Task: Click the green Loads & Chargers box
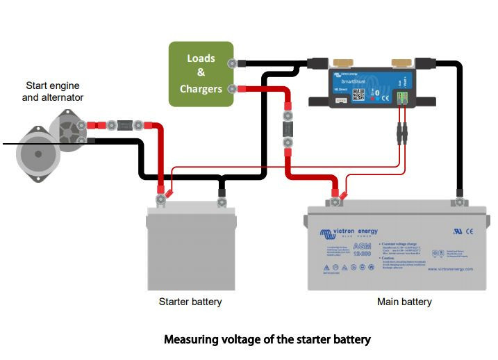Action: [201, 74]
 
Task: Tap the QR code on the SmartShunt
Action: [358, 93]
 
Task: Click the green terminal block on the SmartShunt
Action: [404, 99]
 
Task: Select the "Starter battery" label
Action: [190, 302]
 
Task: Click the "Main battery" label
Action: [404, 302]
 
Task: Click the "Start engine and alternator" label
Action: [53, 92]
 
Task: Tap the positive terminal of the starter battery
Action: [160, 202]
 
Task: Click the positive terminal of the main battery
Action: [335, 202]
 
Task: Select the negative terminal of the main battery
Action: [458, 202]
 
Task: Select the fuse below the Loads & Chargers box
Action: [285, 130]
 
